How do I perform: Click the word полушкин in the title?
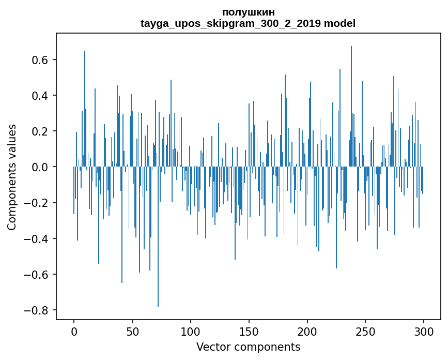click(x=248, y=12)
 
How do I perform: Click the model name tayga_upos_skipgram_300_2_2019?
click(x=230, y=23)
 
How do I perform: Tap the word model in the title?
click(x=339, y=23)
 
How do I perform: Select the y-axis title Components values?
click(x=12, y=177)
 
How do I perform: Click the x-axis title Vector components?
click(x=248, y=347)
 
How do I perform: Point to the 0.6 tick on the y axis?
click(x=39, y=60)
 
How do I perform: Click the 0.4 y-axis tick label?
click(x=39, y=96)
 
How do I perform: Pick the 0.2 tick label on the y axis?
click(x=39, y=131)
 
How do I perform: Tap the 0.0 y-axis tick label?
click(x=39, y=167)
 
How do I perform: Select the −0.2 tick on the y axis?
click(x=36, y=203)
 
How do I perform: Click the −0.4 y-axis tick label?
click(x=36, y=238)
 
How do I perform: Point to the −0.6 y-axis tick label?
click(x=36, y=275)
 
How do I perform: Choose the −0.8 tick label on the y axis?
click(x=36, y=310)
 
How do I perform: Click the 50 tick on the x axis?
click(x=132, y=332)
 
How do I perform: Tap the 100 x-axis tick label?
click(x=191, y=332)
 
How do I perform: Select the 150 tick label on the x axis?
click(x=249, y=332)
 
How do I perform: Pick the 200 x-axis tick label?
click(x=307, y=332)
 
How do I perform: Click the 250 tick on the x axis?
click(x=365, y=332)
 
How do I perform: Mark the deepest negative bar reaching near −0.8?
click(x=158, y=237)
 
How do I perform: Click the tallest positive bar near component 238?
click(x=351, y=107)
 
